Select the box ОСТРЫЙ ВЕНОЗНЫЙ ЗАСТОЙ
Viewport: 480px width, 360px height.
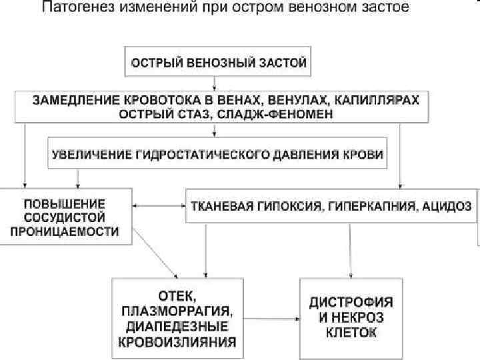[x=219, y=63]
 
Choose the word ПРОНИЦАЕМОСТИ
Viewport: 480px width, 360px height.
[x=71, y=231]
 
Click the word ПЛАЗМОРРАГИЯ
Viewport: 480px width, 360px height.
[x=177, y=310]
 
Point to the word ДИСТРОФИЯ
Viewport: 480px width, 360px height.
[x=351, y=301]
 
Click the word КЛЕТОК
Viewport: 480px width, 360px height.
[x=351, y=332]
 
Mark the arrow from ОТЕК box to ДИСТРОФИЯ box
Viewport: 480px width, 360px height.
[x=270, y=318]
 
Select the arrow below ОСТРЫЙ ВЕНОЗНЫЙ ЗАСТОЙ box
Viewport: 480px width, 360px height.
[x=213, y=83]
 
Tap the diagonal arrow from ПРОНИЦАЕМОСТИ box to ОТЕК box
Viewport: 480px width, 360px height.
[x=157, y=253]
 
